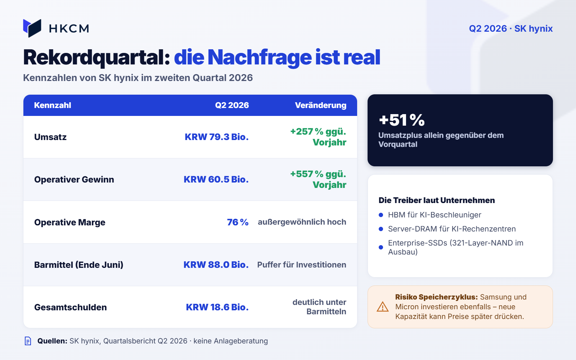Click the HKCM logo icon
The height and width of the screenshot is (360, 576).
(x=32, y=28)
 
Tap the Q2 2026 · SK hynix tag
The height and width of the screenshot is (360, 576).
(x=511, y=28)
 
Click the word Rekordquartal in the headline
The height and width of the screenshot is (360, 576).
(x=97, y=58)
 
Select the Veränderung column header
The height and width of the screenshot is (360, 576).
(x=321, y=105)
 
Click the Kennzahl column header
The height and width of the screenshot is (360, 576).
(x=53, y=105)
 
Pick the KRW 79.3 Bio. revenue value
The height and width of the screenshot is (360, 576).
(x=216, y=137)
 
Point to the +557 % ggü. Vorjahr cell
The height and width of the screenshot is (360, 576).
(x=318, y=179)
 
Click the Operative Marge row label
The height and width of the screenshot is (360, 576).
(x=70, y=222)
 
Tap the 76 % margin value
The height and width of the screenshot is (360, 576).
(x=238, y=222)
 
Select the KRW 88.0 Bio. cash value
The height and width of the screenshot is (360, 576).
(x=216, y=265)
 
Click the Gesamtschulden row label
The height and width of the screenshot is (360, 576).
(x=71, y=307)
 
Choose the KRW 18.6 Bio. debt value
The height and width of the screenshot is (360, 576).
(x=217, y=307)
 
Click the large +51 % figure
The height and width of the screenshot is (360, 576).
(x=402, y=120)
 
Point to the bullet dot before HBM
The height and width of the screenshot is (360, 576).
(x=381, y=215)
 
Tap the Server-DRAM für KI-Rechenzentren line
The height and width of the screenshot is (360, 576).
(x=452, y=229)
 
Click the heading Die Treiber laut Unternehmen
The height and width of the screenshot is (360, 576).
(x=437, y=200)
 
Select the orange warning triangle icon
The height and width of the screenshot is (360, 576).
(x=383, y=307)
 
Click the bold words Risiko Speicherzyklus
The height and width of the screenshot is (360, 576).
(x=436, y=297)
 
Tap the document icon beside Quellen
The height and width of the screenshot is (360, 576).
(x=28, y=341)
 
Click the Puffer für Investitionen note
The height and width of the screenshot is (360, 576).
(x=302, y=265)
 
